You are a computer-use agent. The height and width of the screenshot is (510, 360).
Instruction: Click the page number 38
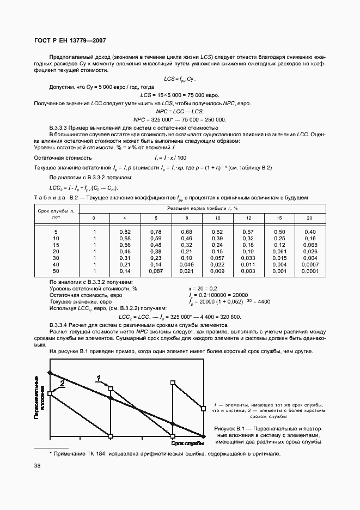(x=38, y=465)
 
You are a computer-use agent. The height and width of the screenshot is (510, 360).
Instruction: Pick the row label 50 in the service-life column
(x=56, y=271)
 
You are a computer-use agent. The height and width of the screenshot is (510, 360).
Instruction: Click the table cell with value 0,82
(x=125, y=232)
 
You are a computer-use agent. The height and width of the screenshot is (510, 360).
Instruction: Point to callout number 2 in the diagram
(x=62, y=384)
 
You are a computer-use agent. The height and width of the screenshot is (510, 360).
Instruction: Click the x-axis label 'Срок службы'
(x=187, y=444)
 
